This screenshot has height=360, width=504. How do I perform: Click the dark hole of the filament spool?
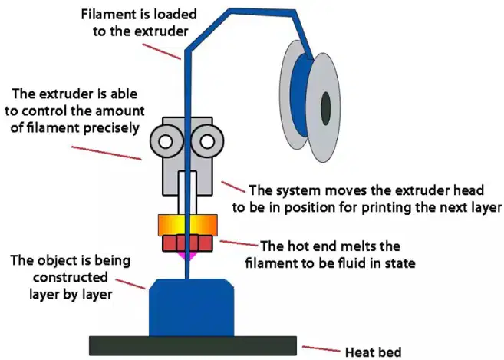[x=325, y=108]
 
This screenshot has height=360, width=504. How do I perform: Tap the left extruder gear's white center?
[x=166, y=142]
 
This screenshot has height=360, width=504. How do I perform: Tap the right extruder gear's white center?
[x=207, y=142]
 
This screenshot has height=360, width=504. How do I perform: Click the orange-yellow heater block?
[x=188, y=225]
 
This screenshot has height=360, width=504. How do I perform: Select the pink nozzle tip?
[x=189, y=256]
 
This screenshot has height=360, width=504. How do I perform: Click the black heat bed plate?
[x=193, y=346]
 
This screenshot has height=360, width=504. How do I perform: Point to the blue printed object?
[x=191, y=308]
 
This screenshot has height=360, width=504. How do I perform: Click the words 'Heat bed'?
[x=373, y=352]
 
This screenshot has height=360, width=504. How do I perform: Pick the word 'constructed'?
[x=71, y=277]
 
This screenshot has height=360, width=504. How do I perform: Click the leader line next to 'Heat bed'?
[x=321, y=349]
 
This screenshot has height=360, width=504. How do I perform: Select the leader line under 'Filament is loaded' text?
[x=162, y=51]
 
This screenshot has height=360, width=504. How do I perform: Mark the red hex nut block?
[x=188, y=243]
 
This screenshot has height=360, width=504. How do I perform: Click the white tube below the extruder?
[x=188, y=193]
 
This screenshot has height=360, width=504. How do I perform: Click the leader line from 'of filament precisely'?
[x=106, y=153]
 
